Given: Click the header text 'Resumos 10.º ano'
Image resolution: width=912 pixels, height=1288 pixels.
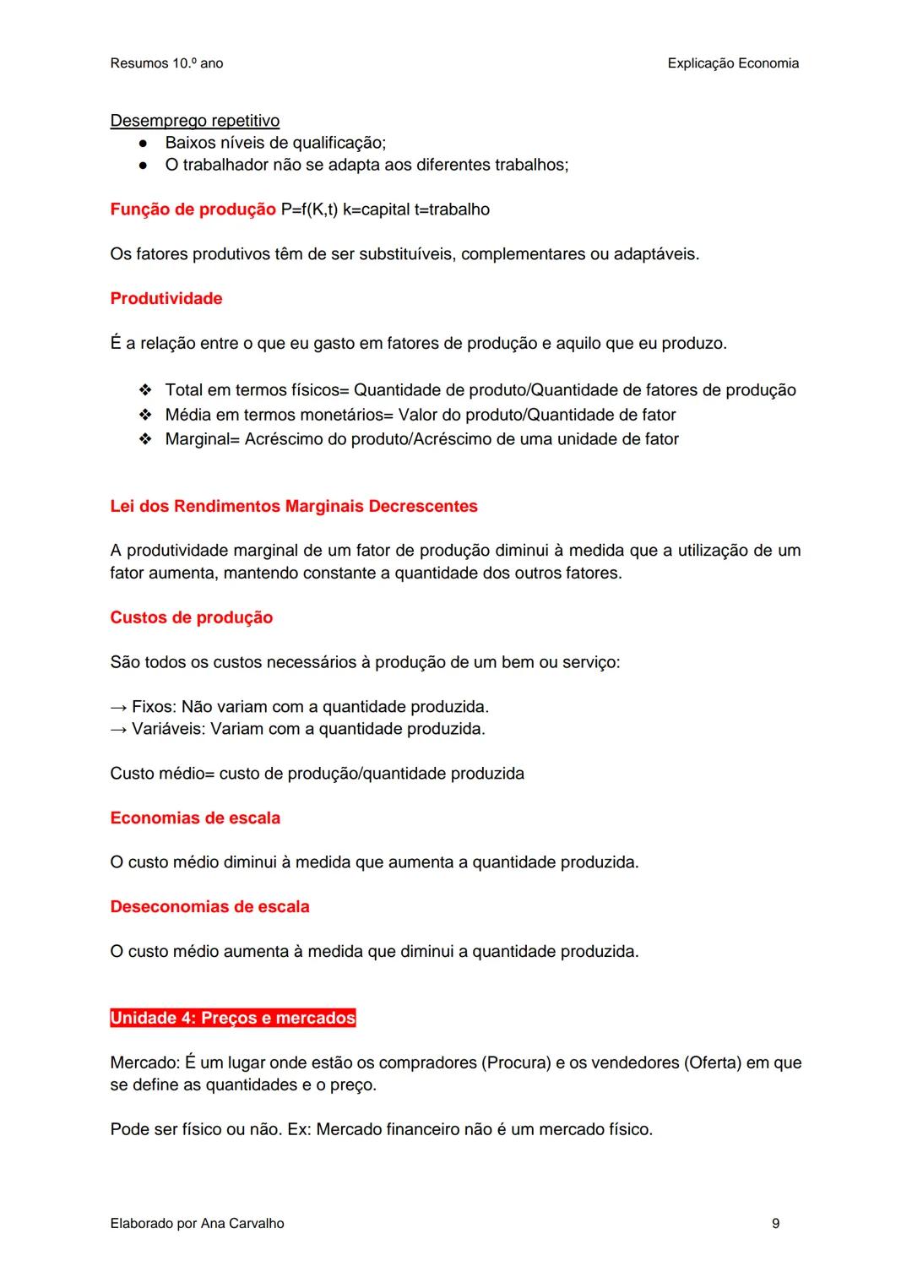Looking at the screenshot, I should coord(166,63).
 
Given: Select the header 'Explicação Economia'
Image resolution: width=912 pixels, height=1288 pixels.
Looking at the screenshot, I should coord(732,63).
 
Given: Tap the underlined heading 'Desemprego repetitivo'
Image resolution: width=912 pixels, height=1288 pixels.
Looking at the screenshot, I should coord(194,121).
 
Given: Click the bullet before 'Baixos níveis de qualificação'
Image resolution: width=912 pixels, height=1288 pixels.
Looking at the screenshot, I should coord(144,143).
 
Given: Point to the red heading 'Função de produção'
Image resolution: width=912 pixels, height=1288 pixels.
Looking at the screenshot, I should coord(193,209).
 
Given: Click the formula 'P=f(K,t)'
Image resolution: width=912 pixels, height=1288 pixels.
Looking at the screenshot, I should coord(309,209).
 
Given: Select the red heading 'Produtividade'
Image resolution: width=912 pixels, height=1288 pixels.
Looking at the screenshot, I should coord(166,299).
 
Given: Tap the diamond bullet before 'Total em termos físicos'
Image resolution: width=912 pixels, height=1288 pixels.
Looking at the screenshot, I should coord(145,390).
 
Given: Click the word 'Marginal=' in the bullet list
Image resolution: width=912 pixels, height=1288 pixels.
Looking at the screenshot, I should coord(203,439).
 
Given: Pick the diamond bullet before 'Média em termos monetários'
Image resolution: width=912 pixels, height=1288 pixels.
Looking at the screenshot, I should coord(145,415).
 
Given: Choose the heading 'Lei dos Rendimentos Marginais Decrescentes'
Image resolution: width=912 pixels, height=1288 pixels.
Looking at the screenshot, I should coord(294,507).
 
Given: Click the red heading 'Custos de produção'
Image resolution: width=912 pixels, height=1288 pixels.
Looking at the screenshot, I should coord(192,618).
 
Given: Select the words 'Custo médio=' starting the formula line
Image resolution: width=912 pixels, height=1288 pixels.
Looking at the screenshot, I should coord(163,774).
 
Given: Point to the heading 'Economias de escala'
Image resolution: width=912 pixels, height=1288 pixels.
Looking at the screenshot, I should coord(195,818).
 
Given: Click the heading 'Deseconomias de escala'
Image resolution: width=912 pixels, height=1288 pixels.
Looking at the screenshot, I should coord(209,907).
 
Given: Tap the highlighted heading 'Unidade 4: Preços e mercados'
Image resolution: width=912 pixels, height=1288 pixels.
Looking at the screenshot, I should coord(233,1019).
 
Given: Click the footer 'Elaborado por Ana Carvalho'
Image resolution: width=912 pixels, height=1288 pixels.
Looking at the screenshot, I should coord(197,1224).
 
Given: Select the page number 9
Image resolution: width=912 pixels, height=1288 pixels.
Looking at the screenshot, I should coord(775,1224).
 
